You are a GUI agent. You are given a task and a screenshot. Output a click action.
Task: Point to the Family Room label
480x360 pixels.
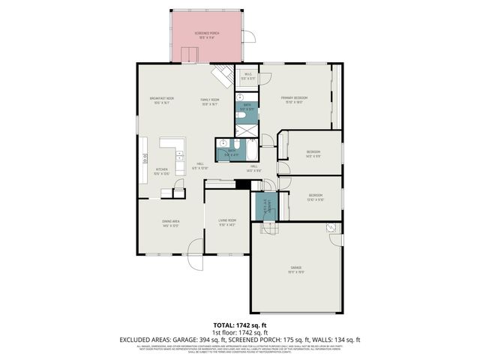point(209,100)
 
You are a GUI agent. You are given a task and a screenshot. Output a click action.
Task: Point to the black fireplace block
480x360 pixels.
point(241,184)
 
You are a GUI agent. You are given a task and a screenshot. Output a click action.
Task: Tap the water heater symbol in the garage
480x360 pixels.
point(332,229)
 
